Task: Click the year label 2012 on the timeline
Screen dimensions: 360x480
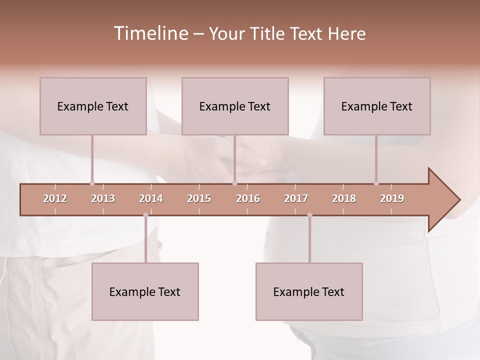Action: [x=55, y=198]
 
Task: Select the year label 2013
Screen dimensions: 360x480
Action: [x=103, y=198]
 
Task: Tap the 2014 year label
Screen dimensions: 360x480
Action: [x=151, y=198]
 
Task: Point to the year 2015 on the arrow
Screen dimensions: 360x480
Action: [x=199, y=198]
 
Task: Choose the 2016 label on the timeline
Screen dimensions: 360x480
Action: [x=248, y=198]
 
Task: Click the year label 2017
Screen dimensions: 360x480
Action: [x=296, y=198]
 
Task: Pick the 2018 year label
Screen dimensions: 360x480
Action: [x=344, y=198]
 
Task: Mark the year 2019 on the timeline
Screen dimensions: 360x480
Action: [x=392, y=198]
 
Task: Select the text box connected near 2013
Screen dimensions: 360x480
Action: [x=93, y=106]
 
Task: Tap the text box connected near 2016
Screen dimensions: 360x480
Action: [x=235, y=106]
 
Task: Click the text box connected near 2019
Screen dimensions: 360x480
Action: [x=377, y=106]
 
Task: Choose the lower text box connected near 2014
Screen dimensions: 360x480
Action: [x=145, y=291]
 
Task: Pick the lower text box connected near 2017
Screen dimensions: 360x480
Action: [x=309, y=291]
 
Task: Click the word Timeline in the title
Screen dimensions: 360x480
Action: [x=150, y=33]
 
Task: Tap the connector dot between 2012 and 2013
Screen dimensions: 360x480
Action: [x=92, y=183]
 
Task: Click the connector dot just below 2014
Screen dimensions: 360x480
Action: [x=145, y=215]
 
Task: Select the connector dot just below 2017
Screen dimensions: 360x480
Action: [x=309, y=215]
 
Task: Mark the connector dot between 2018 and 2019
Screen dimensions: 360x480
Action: [x=376, y=183]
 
